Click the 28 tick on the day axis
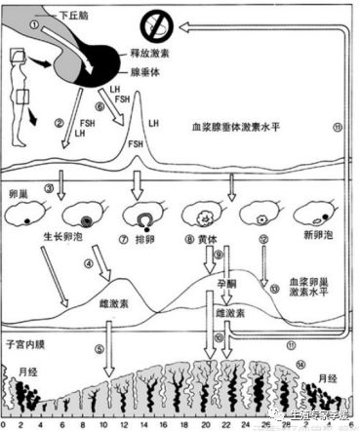pyautogui.click(x=279, y=423)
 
